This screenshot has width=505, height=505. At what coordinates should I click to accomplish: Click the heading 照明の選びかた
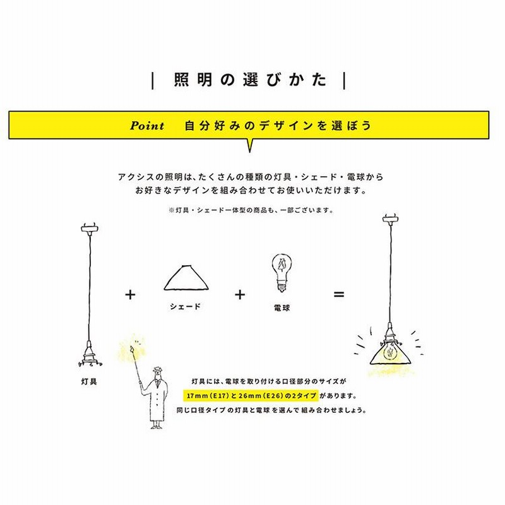coord(251,81)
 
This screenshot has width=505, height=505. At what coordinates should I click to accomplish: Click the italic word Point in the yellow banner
coord(147,126)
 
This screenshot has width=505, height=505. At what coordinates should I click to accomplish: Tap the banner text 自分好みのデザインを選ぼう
coord(278,126)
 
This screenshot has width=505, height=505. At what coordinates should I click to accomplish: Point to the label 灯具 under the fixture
coord(89,381)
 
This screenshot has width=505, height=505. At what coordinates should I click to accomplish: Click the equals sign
coord(339,294)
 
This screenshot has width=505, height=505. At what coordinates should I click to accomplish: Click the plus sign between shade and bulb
coord(240,294)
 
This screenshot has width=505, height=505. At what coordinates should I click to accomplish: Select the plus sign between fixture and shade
coord(131,294)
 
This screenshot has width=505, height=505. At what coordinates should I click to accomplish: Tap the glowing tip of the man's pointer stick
coord(133,346)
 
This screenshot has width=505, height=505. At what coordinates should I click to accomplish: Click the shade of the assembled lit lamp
coord(390,353)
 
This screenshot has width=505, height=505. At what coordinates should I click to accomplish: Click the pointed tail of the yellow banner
coord(250,146)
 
